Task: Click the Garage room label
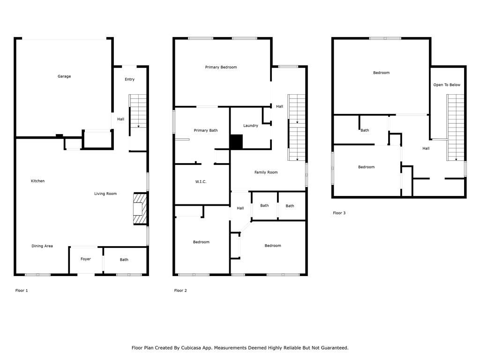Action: [x=64, y=76]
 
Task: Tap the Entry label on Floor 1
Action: [x=129, y=79]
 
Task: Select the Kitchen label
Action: [x=37, y=181]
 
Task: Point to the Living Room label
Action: [x=105, y=194]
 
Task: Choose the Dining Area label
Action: [x=42, y=246]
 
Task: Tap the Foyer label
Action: [x=86, y=259]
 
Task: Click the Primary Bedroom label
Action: [x=221, y=67]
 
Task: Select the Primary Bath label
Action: [x=206, y=130]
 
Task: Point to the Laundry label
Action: [x=251, y=126]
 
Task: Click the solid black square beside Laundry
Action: [x=236, y=142]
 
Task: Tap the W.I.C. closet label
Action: [x=201, y=181]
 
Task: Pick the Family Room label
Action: [x=266, y=172]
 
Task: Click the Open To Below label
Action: [x=447, y=85]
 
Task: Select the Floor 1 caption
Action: [x=22, y=291]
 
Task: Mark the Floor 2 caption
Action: [x=180, y=291]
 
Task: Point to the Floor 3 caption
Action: [x=339, y=213]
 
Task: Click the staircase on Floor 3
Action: [x=456, y=127]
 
